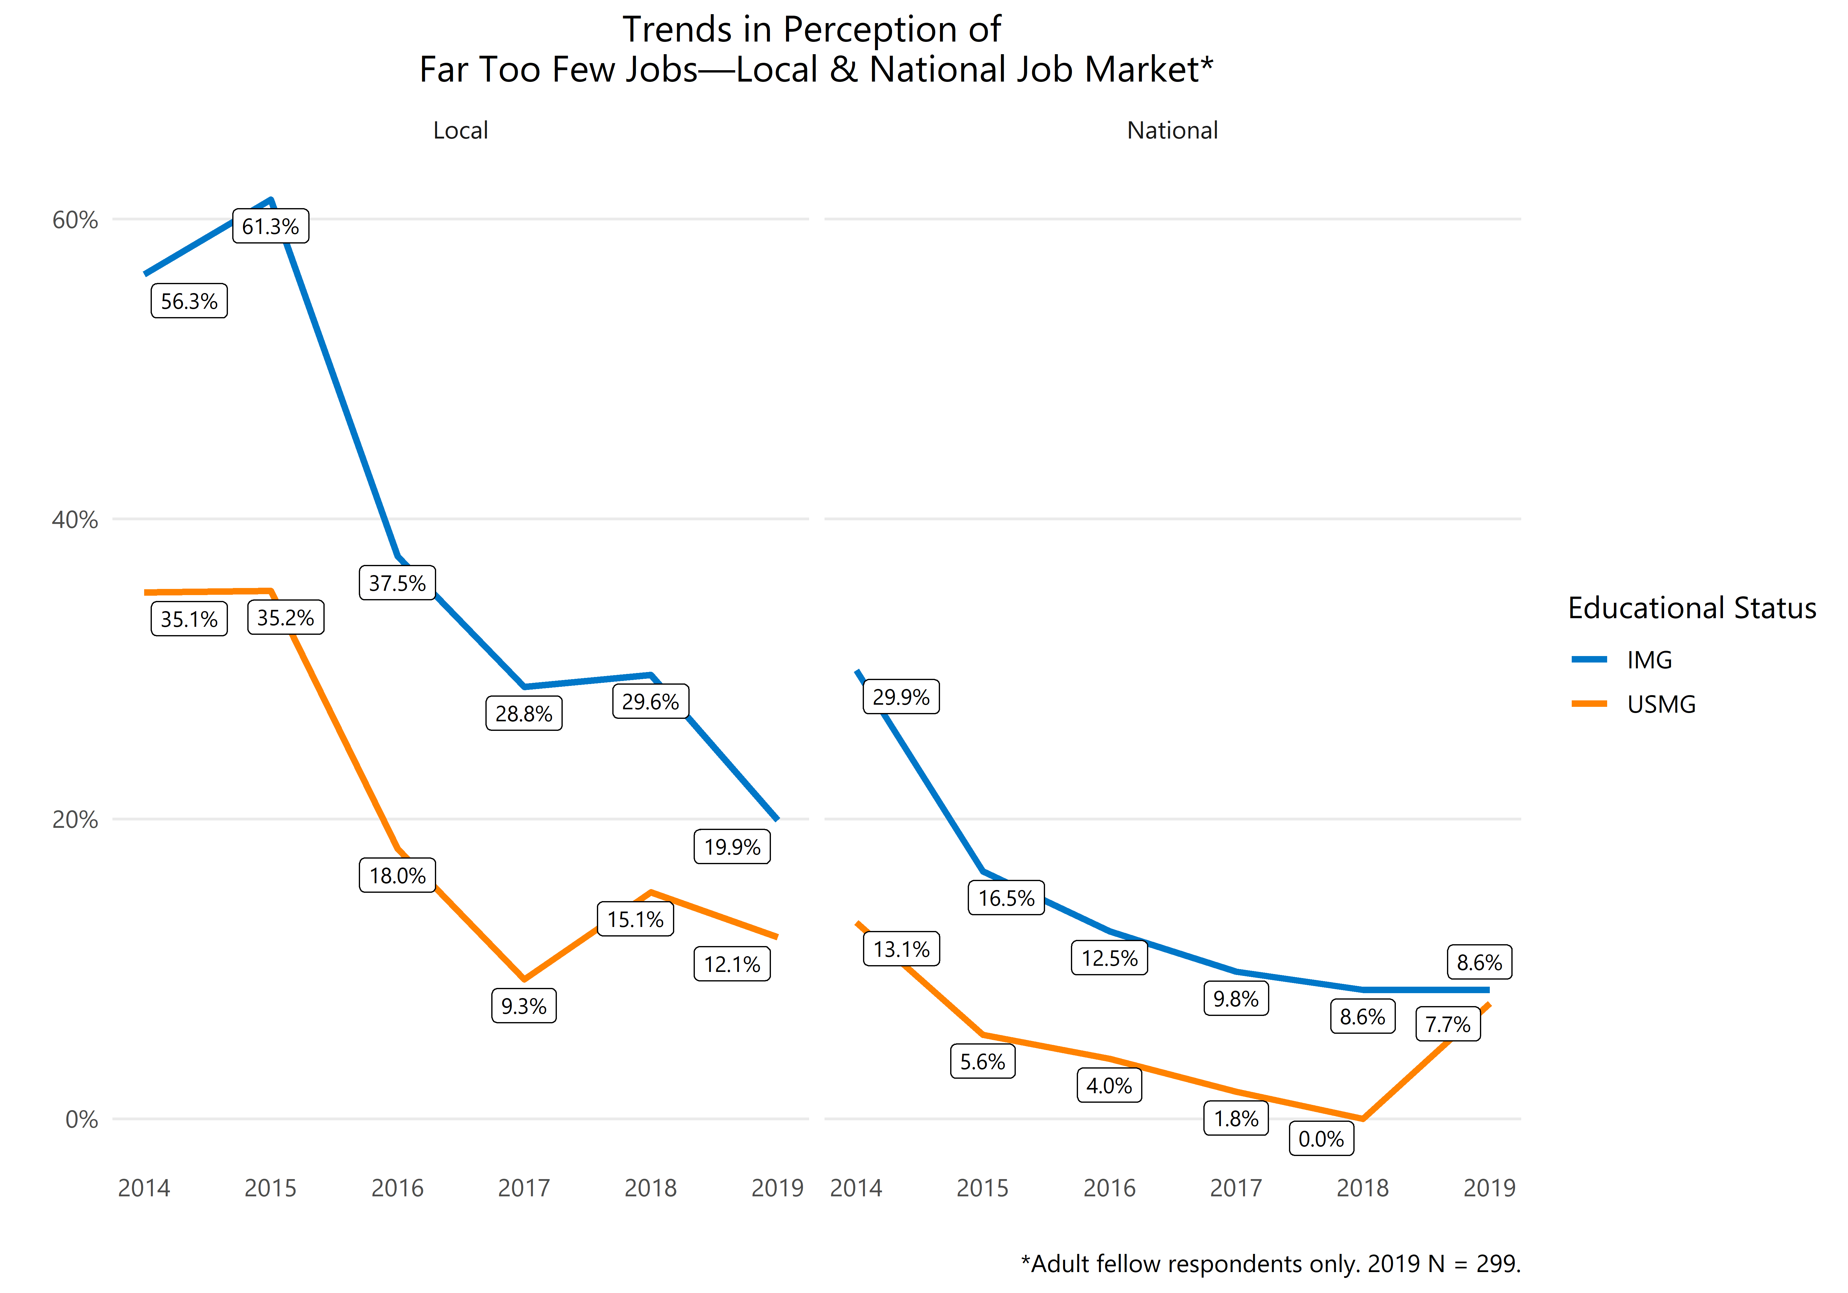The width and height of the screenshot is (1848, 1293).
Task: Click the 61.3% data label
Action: [270, 226]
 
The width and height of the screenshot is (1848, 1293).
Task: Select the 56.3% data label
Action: [189, 301]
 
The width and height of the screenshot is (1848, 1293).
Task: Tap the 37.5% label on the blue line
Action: [397, 582]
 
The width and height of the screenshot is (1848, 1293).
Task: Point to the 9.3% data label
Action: [523, 1006]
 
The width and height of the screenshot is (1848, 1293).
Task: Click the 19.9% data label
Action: [731, 846]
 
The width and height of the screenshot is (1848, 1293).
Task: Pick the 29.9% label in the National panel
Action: [901, 697]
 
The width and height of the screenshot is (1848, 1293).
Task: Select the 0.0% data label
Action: [1321, 1138]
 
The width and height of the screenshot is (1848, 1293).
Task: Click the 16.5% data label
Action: [1006, 898]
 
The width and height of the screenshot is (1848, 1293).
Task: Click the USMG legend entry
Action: [1660, 704]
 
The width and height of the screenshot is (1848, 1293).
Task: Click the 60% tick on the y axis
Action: [75, 220]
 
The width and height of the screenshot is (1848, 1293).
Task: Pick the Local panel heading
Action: [460, 130]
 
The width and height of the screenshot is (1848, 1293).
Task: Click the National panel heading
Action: [1172, 130]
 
